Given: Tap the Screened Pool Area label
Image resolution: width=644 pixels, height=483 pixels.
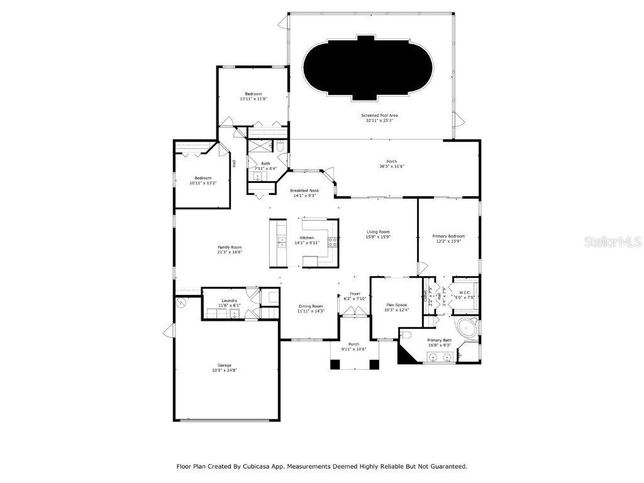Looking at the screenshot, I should click(x=379, y=116).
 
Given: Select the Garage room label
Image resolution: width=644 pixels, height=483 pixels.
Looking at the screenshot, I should click(x=225, y=365).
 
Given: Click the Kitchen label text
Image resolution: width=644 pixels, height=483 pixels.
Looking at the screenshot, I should click(x=306, y=238).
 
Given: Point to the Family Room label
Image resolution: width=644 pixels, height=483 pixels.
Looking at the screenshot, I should click(x=230, y=247).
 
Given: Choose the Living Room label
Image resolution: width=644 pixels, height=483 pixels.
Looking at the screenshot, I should click(x=379, y=231).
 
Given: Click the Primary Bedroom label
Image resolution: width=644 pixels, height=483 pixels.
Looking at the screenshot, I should click(x=448, y=236).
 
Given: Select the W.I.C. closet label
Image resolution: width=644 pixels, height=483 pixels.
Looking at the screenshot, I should click(x=465, y=292).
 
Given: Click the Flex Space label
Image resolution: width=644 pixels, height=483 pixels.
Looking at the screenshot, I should click(x=397, y=304).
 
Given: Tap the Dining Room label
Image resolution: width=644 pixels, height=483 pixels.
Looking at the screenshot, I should click(x=310, y=306).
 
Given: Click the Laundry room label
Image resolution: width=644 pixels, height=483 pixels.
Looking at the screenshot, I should click(x=230, y=301).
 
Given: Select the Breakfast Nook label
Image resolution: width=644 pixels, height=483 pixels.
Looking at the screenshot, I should click(x=304, y=191).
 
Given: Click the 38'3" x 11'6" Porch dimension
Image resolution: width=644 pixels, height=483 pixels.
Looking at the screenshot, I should click(x=391, y=167).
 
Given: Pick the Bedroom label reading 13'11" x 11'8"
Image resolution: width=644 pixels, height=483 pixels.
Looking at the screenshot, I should click(x=253, y=94).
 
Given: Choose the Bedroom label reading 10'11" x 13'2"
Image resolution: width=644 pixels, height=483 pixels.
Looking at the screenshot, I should click(x=203, y=178).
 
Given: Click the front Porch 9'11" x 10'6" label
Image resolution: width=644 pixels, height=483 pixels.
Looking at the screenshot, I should click(x=354, y=344).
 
